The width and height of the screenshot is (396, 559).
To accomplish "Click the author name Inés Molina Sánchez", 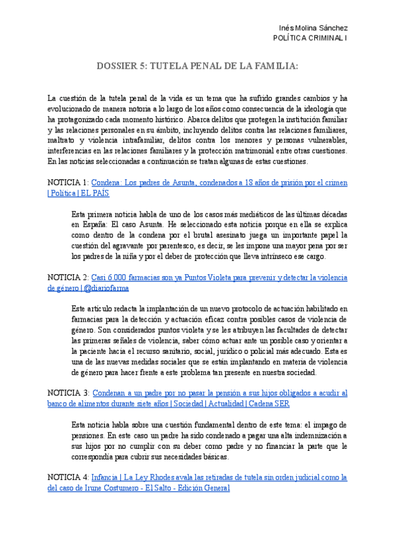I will pyautogui.click(x=314, y=28).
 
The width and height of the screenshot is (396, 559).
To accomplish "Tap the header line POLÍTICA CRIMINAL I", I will pyautogui.click(x=310, y=38).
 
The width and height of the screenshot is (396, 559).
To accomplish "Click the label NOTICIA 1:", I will pyautogui.click(x=68, y=182).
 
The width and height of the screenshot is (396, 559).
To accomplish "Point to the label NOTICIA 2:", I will pyautogui.click(x=68, y=278).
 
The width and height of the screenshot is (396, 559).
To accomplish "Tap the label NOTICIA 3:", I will pyautogui.click(x=68, y=393).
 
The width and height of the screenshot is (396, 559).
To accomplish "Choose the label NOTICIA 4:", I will pyautogui.click(x=68, y=477).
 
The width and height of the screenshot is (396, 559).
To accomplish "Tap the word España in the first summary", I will pyautogui.click(x=86, y=225).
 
